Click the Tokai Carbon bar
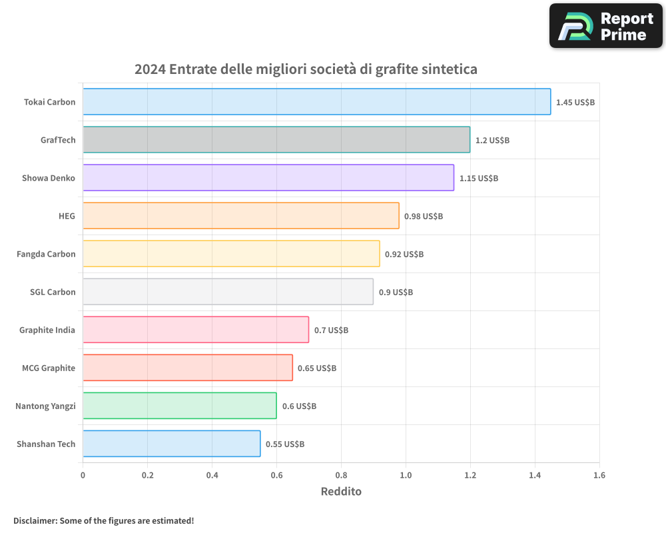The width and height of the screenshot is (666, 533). coord(316,102)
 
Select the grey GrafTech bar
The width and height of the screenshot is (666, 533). coord(276,140)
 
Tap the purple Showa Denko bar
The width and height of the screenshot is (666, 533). coord(268,178)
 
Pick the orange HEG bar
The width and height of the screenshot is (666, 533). coord(240,216)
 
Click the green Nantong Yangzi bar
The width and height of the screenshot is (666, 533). coord(179,406)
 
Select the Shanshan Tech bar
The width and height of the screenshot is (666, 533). coord(171,444)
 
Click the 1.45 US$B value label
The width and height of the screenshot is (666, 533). coord(575,103)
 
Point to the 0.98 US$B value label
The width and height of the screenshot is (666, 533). coord(424,217)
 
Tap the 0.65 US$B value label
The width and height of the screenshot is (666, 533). coord(317,368)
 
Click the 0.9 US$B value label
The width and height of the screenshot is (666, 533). coord(396,292)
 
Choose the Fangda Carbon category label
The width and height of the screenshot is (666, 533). coord(46,254)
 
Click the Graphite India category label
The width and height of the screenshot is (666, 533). coord(47,330)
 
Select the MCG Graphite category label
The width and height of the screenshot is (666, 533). coord(49,368)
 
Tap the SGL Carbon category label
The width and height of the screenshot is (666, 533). coord(53,292)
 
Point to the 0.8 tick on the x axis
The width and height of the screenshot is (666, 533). coord(341,476)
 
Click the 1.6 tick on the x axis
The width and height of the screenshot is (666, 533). coord(599,476)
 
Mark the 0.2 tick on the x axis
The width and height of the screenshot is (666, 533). coord(147,476)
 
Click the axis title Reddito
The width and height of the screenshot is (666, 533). coord(341,492)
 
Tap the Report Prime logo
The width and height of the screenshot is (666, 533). coord(606,26)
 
